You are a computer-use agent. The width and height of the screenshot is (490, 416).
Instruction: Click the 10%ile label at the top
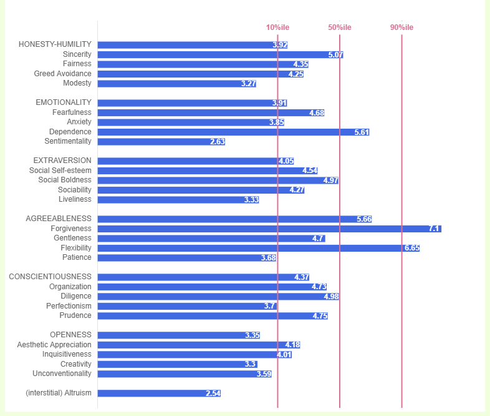[277, 27]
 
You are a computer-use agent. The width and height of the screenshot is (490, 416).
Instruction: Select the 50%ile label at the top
[340, 27]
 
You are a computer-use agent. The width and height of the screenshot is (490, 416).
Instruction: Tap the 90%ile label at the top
[401, 27]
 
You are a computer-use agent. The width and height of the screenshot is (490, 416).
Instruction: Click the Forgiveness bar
[269, 229]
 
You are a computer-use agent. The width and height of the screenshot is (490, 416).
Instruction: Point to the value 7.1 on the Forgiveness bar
[435, 229]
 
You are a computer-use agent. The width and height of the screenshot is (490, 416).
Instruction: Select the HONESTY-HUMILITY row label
[55, 44]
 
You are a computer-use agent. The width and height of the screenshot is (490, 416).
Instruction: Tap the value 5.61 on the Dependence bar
[362, 132]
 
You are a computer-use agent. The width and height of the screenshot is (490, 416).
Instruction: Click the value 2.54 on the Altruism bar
[213, 394]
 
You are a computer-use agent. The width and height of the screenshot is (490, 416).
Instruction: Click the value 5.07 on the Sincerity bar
[336, 55]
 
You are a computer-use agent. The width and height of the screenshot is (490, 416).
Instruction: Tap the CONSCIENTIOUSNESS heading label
[50, 277]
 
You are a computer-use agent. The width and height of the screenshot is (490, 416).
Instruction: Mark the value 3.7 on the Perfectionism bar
[270, 306]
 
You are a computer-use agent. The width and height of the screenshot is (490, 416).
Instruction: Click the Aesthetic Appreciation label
[54, 345]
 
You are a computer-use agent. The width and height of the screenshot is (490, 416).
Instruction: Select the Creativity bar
[177, 364]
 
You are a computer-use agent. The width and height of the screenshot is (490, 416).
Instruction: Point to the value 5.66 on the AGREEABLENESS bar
[364, 219]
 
